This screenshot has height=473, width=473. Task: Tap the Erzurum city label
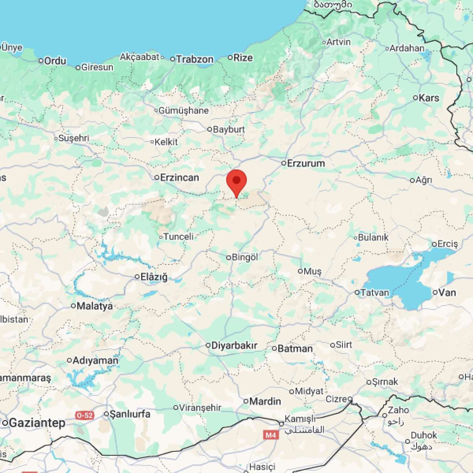tap(306, 163)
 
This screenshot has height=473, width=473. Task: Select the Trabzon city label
tap(195, 60)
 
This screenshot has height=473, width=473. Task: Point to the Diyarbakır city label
tap(234, 346)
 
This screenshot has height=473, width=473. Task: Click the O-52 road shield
tap(85, 415)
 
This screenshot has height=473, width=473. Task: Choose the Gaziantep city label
tap(37, 423)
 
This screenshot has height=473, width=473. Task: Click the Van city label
tap(447, 292)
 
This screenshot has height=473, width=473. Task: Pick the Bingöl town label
tap(245, 257)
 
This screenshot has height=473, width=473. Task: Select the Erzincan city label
tap(179, 177)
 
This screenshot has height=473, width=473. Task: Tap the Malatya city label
tap(95, 306)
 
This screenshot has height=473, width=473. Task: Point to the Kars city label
tap(429, 98)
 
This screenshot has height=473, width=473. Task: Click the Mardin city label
tap(265, 401)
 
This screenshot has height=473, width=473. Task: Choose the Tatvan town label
tap(374, 292)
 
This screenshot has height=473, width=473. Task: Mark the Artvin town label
tap(339, 42)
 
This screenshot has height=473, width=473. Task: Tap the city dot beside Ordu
tap(41, 61)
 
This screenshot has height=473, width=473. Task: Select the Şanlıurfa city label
tap(130, 414)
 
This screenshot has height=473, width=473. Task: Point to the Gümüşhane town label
tap(183, 111)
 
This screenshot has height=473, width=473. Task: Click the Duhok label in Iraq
tap(424, 435)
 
